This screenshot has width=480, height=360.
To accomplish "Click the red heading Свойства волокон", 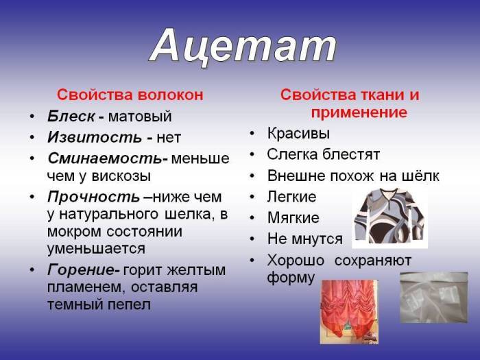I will point(130,95).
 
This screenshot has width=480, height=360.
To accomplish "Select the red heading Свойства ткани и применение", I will point(350,104).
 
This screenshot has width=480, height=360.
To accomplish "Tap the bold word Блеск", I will point(69,117).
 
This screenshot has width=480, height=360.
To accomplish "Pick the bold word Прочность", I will point(93,197).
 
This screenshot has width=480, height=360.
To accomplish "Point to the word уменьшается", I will point(96,248).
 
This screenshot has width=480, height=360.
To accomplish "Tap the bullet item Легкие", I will point(291,197).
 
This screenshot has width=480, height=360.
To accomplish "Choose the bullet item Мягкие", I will point(293,218).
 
